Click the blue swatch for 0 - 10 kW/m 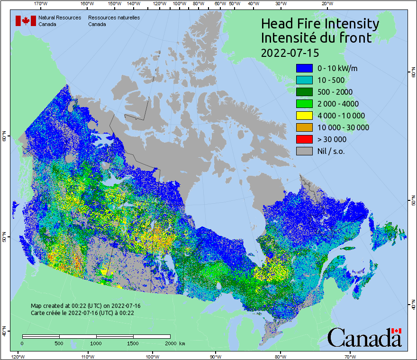coord(304,68)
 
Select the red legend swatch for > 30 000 coord(304,139)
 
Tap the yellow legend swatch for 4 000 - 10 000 coord(304,116)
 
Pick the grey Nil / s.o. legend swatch coord(304,151)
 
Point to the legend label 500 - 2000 coord(335,92)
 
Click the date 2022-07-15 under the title coord(290,52)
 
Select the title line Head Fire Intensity coord(320,24)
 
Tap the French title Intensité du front coord(317,38)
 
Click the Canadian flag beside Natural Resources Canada coord(26,21)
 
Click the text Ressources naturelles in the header coord(114,18)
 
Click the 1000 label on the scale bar coord(96,343)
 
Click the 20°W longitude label coord(326,3)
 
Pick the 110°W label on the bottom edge coord(87,356)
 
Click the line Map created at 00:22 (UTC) coord(85,306)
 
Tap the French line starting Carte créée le coord(82,313)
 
